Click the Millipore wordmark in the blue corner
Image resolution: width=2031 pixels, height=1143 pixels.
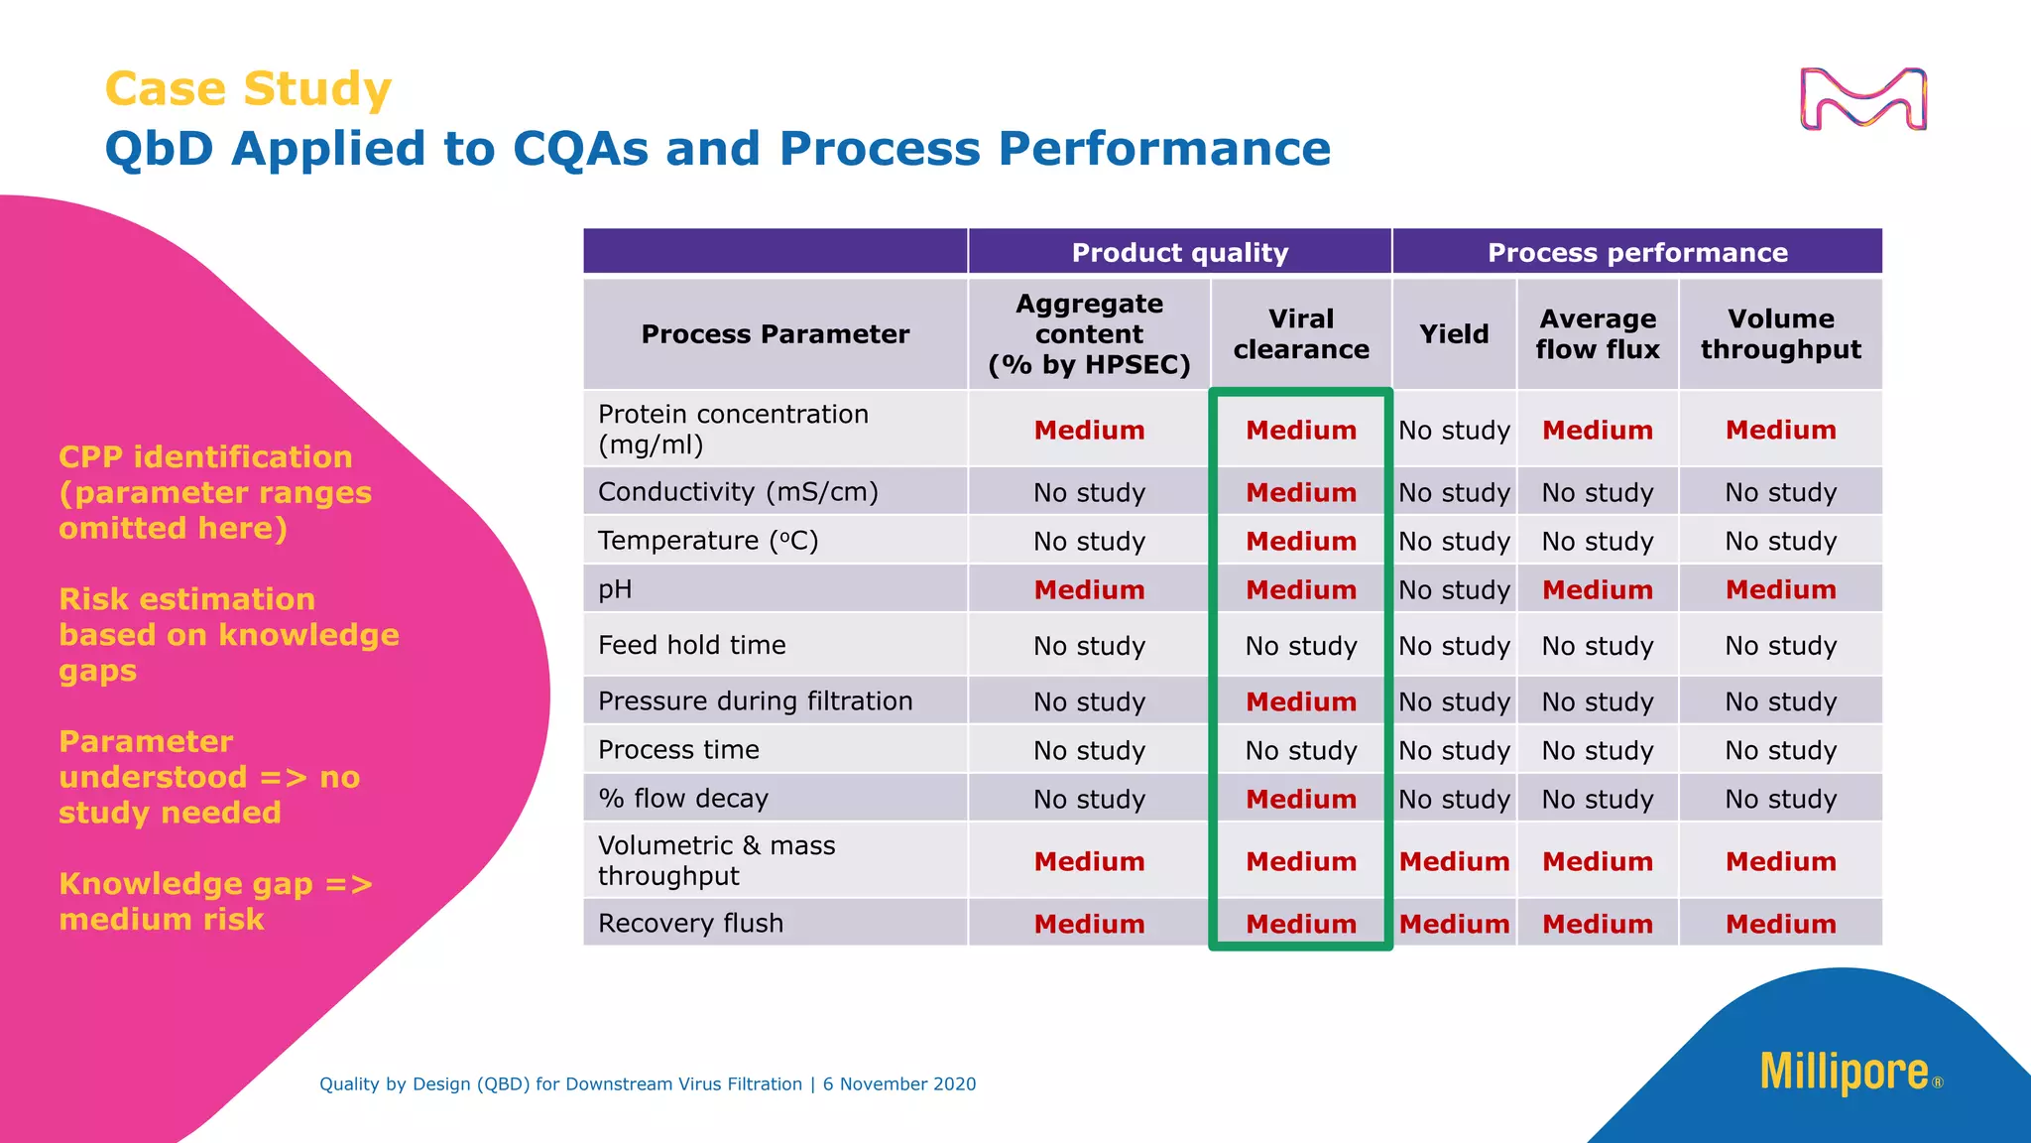(x=1845, y=1073)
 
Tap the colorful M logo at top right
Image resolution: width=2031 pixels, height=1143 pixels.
(x=1862, y=99)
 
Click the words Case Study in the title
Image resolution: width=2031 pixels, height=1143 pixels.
(x=248, y=89)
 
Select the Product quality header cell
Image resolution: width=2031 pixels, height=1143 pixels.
(x=1179, y=252)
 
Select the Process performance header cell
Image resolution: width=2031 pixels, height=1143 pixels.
(x=1637, y=252)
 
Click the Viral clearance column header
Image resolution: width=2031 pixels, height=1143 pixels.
(x=1301, y=334)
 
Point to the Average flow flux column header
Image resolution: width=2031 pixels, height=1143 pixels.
(x=1597, y=334)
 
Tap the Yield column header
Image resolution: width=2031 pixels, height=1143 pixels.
(x=1454, y=334)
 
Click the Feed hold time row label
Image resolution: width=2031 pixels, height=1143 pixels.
(x=691, y=645)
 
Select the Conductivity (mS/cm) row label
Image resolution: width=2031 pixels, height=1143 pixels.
(x=738, y=492)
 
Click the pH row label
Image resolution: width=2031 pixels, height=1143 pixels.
(x=615, y=589)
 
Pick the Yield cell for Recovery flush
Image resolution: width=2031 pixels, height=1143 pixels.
(x=1454, y=924)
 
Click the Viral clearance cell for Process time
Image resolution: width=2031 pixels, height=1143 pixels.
(x=1301, y=751)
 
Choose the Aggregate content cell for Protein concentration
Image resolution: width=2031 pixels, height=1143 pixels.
(x=1089, y=430)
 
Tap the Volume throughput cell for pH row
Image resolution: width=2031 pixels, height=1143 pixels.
(x=1780, y=589)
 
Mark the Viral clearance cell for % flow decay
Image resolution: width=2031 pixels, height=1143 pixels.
(x=1301, y=799)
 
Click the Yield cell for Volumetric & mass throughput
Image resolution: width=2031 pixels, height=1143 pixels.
(x=1454, y=861)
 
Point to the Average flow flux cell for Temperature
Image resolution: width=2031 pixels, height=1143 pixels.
(x=1597, y=542)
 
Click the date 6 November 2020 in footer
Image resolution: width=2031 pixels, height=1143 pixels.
(x=898, y=1084)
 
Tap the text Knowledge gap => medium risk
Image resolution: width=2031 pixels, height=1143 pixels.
(x=214, y=901)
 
